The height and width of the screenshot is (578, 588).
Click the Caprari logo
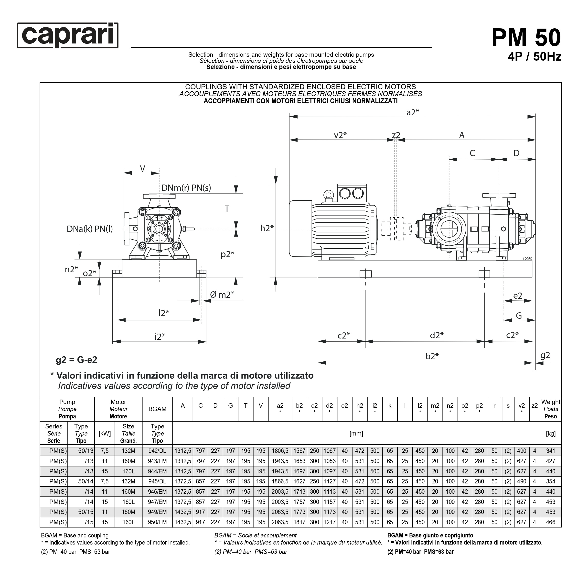tap(67, 35)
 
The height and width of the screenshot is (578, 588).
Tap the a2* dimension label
tap(413, 112)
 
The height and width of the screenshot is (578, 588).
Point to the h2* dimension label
tap(267, 228)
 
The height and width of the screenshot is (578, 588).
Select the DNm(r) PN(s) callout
tap(186, 188)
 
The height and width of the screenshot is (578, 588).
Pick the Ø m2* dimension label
tap(222, 294)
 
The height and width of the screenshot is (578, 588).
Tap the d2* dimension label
tap(437, 335)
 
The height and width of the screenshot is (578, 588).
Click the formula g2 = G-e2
tap(76, 360)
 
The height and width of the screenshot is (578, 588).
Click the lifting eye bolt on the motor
tap(328, 195)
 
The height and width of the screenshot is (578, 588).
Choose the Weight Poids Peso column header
tap(551, 409)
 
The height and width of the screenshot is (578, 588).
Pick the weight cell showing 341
tap(550, 451)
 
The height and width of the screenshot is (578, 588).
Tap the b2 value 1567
tap(299, 451)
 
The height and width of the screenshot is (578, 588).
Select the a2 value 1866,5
tap(280, 481)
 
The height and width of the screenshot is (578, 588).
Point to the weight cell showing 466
tap(550, 522)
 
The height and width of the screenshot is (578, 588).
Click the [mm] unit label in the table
tap(356, 434)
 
